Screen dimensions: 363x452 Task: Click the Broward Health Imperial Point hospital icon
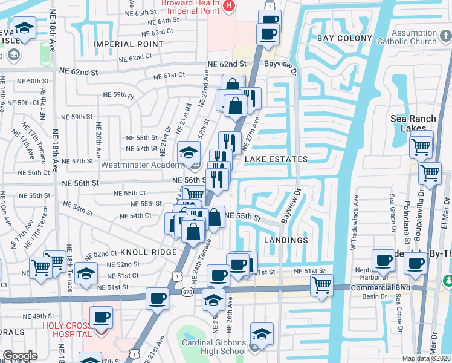229,6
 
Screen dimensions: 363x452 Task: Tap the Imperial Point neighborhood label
128,44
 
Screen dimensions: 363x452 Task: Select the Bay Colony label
344,38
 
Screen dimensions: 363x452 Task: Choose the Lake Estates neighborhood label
276,159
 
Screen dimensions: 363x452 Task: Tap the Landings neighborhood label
286,240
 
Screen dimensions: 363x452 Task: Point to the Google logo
20,356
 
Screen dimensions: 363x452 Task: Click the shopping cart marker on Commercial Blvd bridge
322,284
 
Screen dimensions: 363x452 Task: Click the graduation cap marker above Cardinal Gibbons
262,333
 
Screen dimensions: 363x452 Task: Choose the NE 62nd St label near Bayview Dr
228,64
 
